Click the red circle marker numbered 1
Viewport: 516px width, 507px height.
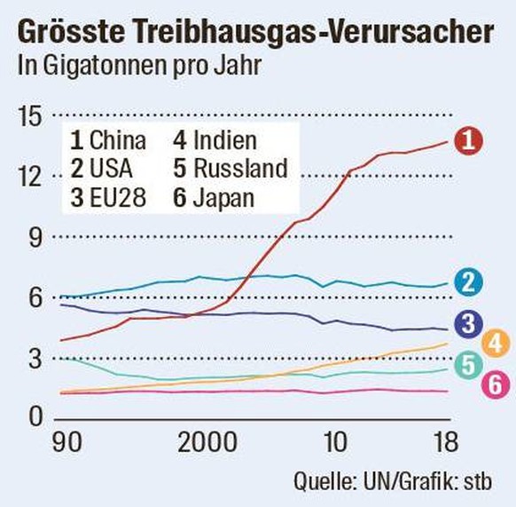[x=467, y=139]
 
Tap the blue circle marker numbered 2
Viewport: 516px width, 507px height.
[x=467, y=282]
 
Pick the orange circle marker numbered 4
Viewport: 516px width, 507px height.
[x=495, y=342]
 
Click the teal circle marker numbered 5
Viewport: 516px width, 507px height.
[x=467, y=364]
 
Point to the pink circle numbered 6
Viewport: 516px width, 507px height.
[x=495, y=384]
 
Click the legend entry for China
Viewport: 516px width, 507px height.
[x=108, y=140]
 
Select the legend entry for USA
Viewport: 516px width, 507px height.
[x=105, y=169]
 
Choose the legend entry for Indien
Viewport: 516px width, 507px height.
[x=215, y=140]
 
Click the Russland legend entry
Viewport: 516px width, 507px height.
[x=230, y=169]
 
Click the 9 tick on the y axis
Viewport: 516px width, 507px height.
[x=33, y=236]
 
